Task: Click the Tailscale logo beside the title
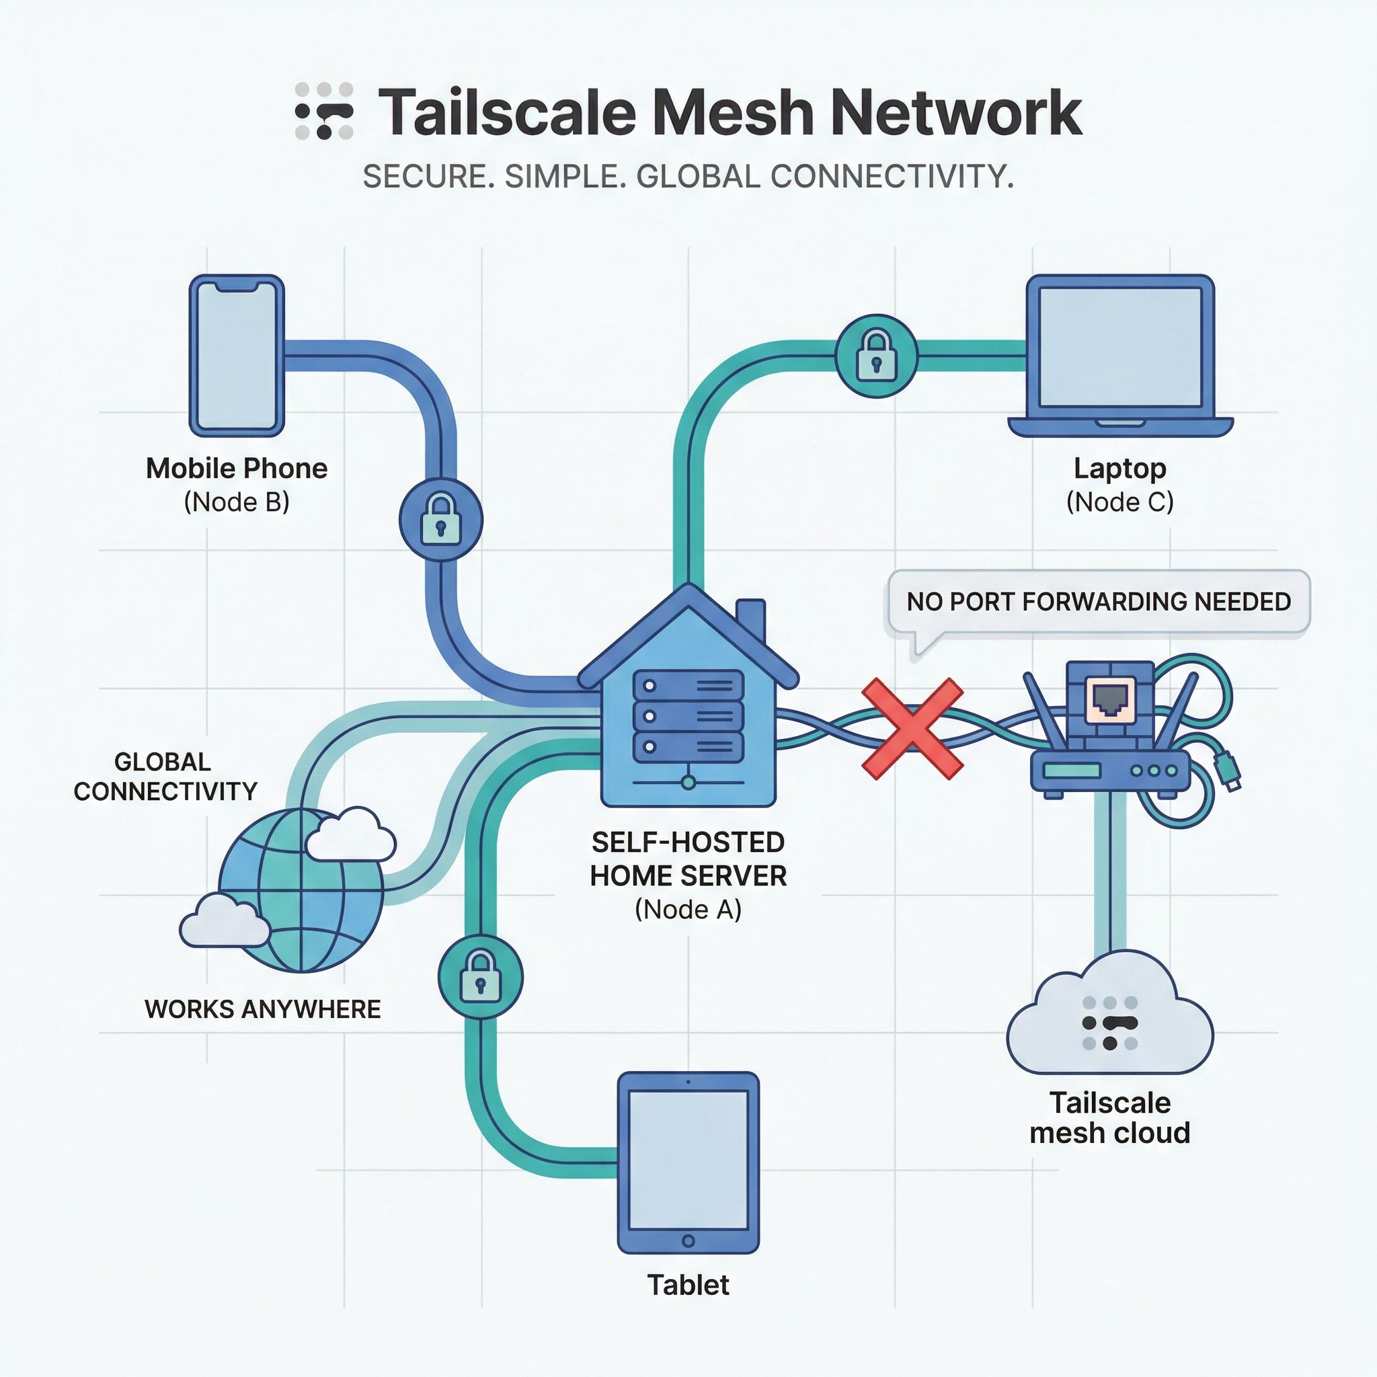[324, 111]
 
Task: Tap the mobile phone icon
[237, 356]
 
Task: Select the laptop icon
[1119, 356]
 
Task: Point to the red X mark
[912, 727]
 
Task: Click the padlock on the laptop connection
[876, 356]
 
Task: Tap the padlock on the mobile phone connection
[440, 520]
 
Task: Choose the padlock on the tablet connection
[480, 977]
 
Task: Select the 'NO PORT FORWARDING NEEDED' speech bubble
[1097, 602]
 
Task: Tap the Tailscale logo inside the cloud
[1109, 1023]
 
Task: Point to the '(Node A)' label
[688, 910]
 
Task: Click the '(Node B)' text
[237, 502]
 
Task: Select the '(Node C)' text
[1119, 502]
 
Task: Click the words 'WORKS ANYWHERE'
[262, 1009]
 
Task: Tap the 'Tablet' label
[688, 1285]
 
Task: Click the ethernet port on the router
[1109, 698]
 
